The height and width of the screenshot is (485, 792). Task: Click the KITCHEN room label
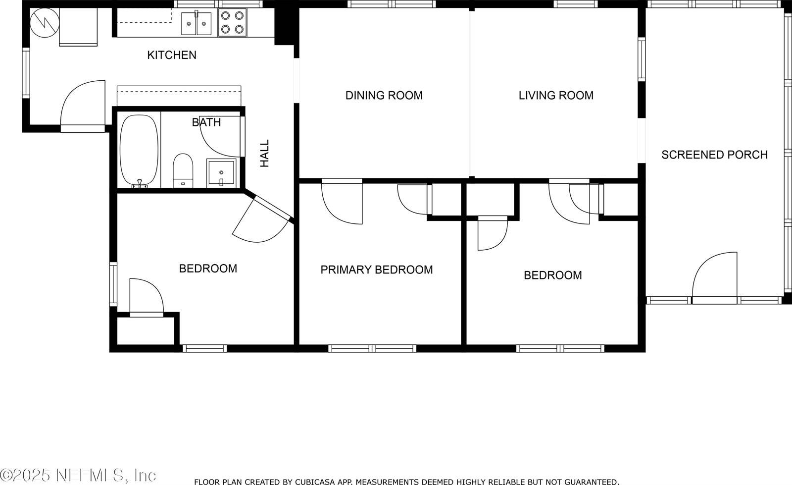tap(172, 55)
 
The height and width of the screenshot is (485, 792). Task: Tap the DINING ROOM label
tap(384, 95)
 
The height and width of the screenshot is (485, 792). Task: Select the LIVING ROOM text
tap(556, 95)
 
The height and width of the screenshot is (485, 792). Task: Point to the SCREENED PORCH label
tap(715, 155)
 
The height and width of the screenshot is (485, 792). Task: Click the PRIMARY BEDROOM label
tap(377, 269)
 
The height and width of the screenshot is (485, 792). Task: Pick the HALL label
tap(264, 153)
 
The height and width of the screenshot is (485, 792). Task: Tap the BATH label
tap(206, 122)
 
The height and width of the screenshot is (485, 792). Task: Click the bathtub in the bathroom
tap(139, 150)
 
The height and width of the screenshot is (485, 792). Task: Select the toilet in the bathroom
tap(183, 170)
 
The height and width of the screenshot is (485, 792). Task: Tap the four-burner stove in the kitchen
tap(232, 22)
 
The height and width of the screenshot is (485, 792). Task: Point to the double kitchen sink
tap(196, 23)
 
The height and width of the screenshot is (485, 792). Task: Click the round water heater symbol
tap(45, 23)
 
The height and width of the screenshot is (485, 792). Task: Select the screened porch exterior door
tap(715, 278)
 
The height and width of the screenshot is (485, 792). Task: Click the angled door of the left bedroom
tap(262, 219)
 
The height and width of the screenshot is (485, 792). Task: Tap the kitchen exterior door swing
tap(83, 106)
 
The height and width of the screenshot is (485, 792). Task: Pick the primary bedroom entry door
tap(342, 201)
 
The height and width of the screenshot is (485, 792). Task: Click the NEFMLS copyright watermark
tap(78, 476)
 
